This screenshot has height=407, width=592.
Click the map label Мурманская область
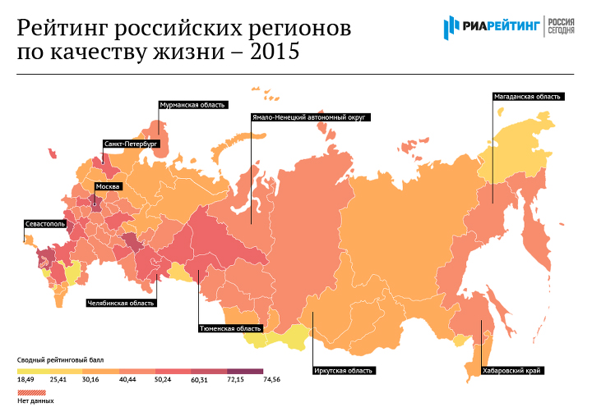192,104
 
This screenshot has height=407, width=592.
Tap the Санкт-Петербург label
130,144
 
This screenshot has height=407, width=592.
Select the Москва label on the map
108,187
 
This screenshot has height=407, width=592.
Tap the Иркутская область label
344,371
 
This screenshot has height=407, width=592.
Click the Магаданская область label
527,96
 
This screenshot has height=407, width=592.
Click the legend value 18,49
25,380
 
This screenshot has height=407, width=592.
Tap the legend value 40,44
127,380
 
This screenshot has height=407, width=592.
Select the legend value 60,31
199,380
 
